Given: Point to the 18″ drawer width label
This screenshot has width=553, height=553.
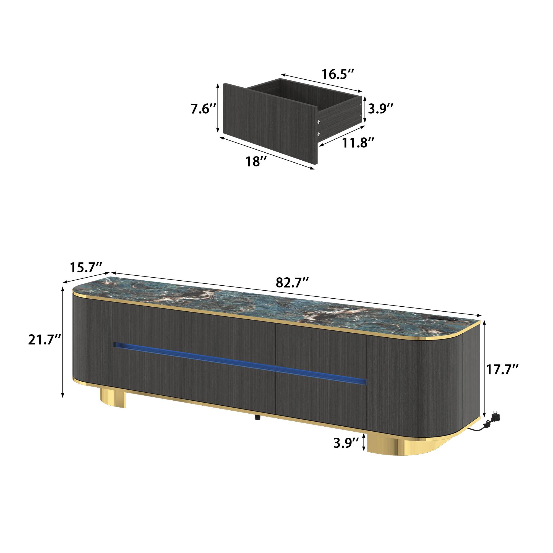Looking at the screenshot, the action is coord(257,162).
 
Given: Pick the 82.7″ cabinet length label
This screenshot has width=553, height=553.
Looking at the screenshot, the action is coord(292,283).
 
